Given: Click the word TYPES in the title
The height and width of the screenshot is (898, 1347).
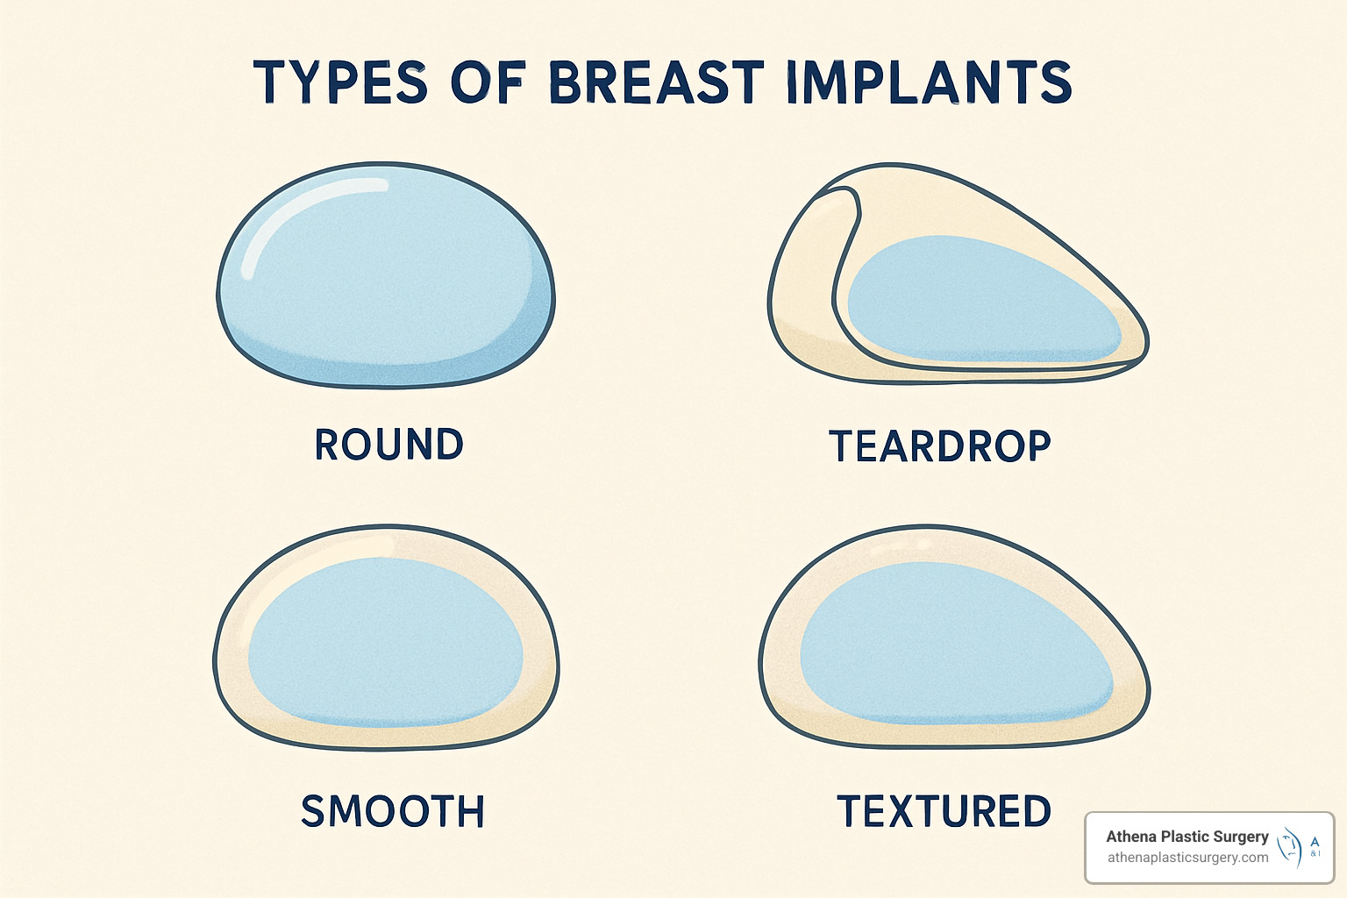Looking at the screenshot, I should pos(340,82).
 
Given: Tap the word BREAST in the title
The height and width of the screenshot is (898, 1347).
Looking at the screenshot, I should pos(656,82).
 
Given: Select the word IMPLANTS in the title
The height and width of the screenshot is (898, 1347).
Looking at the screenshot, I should pos(929,82).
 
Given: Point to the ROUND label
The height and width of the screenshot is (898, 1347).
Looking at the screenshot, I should pos(388,445).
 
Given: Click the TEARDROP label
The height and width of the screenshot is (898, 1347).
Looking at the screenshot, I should pos(939,446).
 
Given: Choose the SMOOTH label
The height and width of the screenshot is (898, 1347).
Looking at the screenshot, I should pos(392,811).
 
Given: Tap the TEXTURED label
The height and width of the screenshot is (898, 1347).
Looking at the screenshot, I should pos(944,811).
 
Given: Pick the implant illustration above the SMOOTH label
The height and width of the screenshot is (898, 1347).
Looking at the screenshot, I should pos(386,638).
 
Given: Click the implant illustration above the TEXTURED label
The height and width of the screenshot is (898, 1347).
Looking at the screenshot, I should pos(954,638).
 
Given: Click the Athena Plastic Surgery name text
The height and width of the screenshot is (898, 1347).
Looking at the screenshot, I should pos(1187,837).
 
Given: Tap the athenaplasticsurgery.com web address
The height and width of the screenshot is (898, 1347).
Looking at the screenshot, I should pos(1187,858).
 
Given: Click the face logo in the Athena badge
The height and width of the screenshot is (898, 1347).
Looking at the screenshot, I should pos(1290,847).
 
